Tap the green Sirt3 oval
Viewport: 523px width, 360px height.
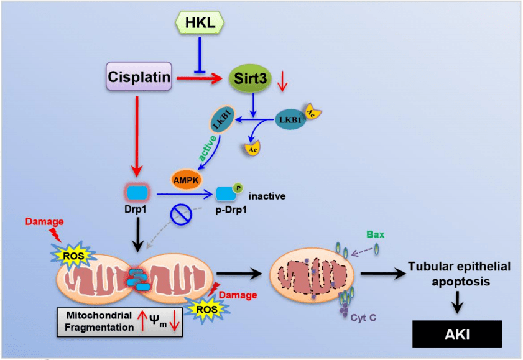coord(251,78)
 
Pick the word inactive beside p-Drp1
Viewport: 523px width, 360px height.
coord(267,196)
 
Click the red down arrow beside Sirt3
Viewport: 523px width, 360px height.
coord(283,81)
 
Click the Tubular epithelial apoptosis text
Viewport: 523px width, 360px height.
coord(459,274)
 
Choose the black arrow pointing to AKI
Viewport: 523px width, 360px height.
coord(459,302)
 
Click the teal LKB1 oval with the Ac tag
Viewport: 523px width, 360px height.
coord(290,118)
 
